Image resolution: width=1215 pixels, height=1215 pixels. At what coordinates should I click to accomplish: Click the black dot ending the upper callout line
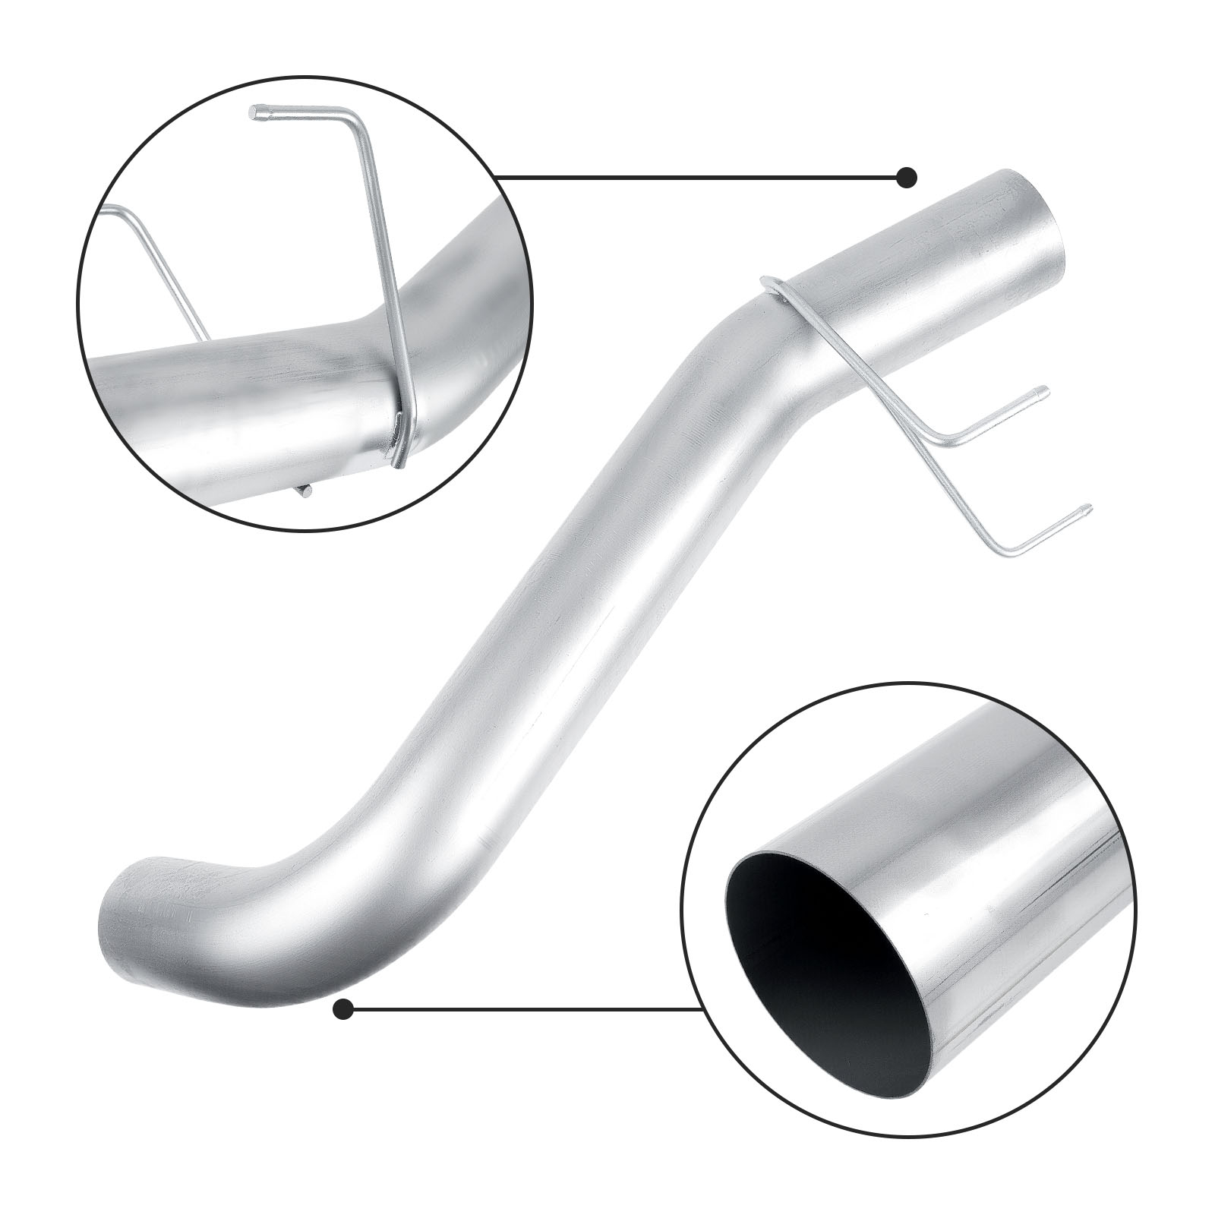pos(907,178)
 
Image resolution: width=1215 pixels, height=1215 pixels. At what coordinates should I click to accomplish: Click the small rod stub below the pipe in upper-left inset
pos(305,491)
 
